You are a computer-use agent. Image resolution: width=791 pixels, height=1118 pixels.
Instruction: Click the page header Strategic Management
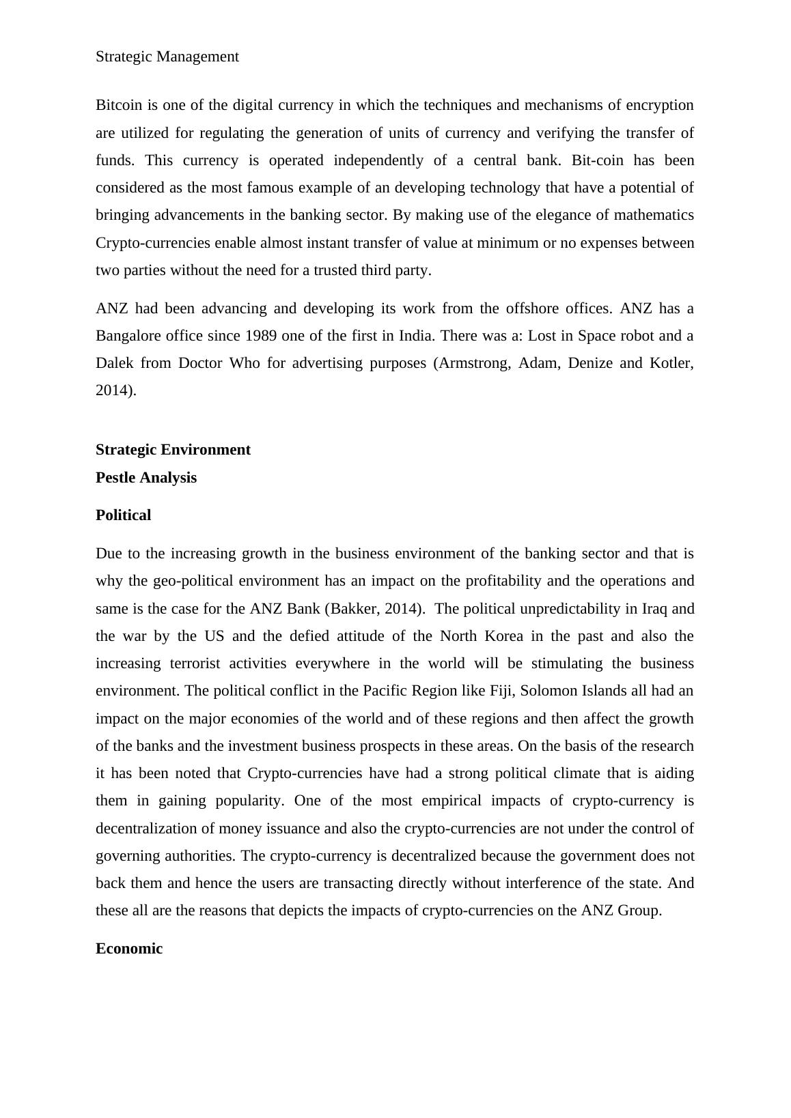coord(167,57)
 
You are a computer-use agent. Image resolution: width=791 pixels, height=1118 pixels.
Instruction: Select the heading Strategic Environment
coord(173,450)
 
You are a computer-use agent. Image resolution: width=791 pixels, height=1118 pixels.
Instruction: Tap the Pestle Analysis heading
coord(146,478)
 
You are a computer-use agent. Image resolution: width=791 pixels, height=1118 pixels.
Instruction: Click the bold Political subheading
coord(123,515)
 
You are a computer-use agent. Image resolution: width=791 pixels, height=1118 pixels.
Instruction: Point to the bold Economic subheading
coord(129,949)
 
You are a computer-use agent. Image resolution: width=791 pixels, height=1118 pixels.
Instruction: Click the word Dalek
coord(115,363)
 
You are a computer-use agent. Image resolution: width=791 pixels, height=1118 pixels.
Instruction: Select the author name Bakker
coord(352,609)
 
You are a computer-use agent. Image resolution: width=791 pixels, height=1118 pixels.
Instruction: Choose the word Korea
coord(503,636)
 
